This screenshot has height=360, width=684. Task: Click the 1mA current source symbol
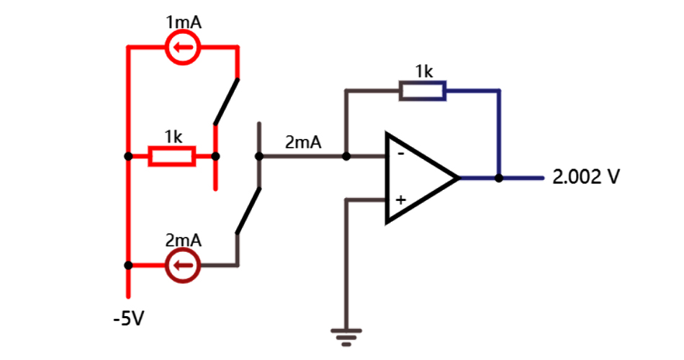(183, 48)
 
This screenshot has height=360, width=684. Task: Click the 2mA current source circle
(183, 266)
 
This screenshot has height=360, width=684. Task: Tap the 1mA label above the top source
(183, 22)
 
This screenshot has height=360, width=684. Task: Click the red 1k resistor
(171, 156)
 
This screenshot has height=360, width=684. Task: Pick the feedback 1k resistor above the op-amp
(423, 91)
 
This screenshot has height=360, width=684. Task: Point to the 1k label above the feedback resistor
(423, 71)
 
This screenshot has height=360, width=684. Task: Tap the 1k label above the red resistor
(173, 135)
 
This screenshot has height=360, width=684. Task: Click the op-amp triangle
(418, 177)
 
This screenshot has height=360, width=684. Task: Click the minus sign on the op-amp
(400, 153)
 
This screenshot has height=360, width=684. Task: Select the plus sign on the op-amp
(400, 199)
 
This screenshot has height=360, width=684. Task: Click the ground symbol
(346, 333)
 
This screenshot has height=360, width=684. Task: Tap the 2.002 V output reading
(585, 177)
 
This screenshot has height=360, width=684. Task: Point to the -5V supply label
(129, 318)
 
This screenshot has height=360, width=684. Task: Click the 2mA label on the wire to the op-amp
(303, 143)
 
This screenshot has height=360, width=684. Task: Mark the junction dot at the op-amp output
(499, 177)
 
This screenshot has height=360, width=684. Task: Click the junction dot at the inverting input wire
(346, 156)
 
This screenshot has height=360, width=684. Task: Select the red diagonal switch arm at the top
(225, 101)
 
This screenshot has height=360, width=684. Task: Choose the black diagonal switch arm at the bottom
(248, 210)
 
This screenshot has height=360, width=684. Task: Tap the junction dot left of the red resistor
(128, 156)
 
